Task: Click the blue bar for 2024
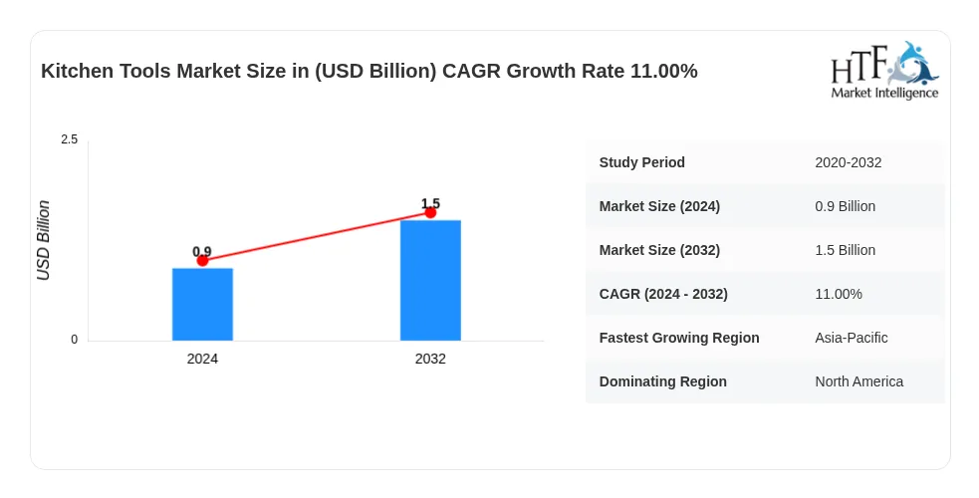tap(202, 305)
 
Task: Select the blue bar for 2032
tap(430, 280)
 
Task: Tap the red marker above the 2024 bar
tap(202, 260)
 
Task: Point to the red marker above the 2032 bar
tap(430, 213)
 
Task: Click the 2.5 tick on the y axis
tap(70, 139)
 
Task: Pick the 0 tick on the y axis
tap(75, 340)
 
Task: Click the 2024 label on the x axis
tap(202, 359)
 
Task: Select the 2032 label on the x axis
tap(430, 359)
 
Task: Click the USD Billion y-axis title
tap(43, 240)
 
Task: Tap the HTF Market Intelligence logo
tap(884, 71)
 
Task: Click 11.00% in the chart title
tap(663, 71)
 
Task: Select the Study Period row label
tap(641, 162)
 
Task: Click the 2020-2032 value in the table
tap(848, 162)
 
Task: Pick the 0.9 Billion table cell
tap(845, 206)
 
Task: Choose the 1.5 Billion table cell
tap(845, 250)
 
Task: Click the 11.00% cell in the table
tap(839, 294)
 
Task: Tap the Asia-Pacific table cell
tap(851, 338)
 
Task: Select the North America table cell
tap(859, 381)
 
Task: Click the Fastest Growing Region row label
tap(679, 338)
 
